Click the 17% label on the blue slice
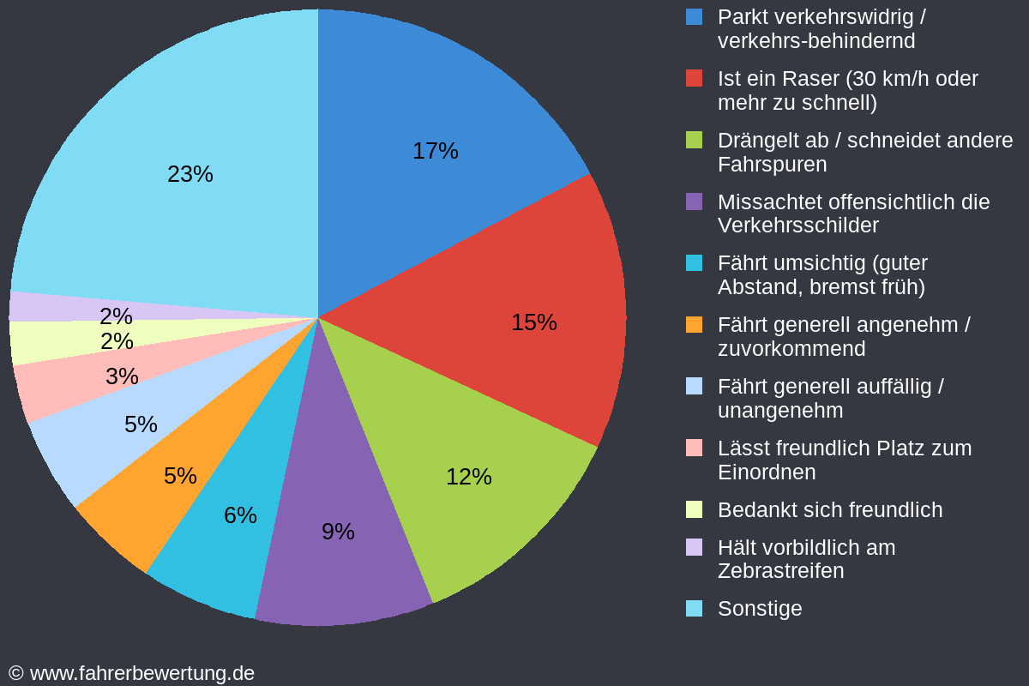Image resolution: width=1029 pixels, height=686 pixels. pos(436,151)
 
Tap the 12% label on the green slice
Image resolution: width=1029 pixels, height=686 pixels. pos(469,477)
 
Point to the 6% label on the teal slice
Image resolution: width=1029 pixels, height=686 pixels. pos(240,515)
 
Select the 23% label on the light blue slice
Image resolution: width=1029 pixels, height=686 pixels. pos(190,174)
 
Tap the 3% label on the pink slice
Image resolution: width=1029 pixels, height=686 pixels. pos(122,376)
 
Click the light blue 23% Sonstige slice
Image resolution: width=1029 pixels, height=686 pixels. pos(171,129)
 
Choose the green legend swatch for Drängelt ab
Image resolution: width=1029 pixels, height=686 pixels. pos(695,140)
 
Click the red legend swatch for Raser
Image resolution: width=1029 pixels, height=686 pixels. pos(695,78)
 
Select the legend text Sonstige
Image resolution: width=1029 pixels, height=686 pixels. pos(760,609)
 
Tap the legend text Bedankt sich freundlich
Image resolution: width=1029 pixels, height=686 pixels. pos(830,510)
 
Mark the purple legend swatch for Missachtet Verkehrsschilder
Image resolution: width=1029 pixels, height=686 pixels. pos(695,202)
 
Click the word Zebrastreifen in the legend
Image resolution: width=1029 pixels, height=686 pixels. pos(780,571)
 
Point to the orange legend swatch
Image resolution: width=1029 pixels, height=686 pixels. pos(695,325)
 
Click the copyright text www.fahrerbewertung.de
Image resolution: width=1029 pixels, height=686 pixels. pos(141,673)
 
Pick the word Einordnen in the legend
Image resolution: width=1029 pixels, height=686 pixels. pos(767,472)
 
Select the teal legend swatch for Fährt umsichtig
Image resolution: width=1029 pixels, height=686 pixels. pos(695,263)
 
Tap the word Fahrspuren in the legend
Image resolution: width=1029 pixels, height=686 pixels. pos(773,164)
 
